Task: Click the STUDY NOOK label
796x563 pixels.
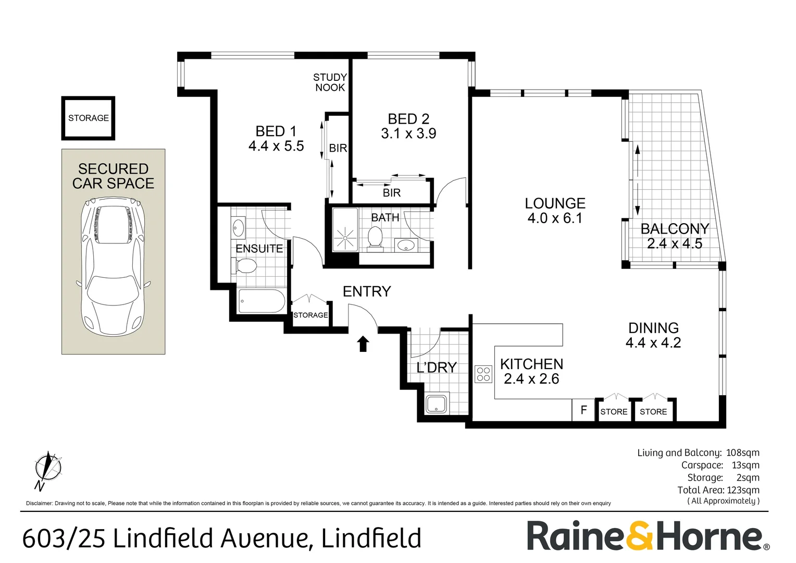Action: pyautogui.click(x=330, y=82)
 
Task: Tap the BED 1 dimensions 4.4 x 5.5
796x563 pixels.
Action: pyautogui.click(x=276, y=146)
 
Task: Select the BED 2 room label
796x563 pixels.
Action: pyautogui.click(x=408, y=119)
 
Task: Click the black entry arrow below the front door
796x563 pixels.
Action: pyautogui.click(x=363, y=344)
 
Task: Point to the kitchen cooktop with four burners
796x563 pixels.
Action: pyautogui.click(x=483, y=374)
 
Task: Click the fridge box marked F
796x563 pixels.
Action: pyautogui.click(x=584, y=410)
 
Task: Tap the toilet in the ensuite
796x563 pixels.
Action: pyautogui.click(x=244, y=266)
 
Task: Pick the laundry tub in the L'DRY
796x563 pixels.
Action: pyautogui.click(x=437, y=404)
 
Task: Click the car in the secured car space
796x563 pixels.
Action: pyautogui.click(x=114, y=267)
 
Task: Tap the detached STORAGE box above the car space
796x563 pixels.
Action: pyautogui.click(x=89, y=118)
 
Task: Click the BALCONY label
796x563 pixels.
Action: pyautogui.click(x=675, y=229)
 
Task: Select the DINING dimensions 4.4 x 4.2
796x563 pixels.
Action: pyautogui.click(x=653, y=342)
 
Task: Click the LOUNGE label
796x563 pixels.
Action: pyautogui.click(x=555, y=203)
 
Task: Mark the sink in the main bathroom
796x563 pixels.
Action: pyautogui.click(x=405, y=244)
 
